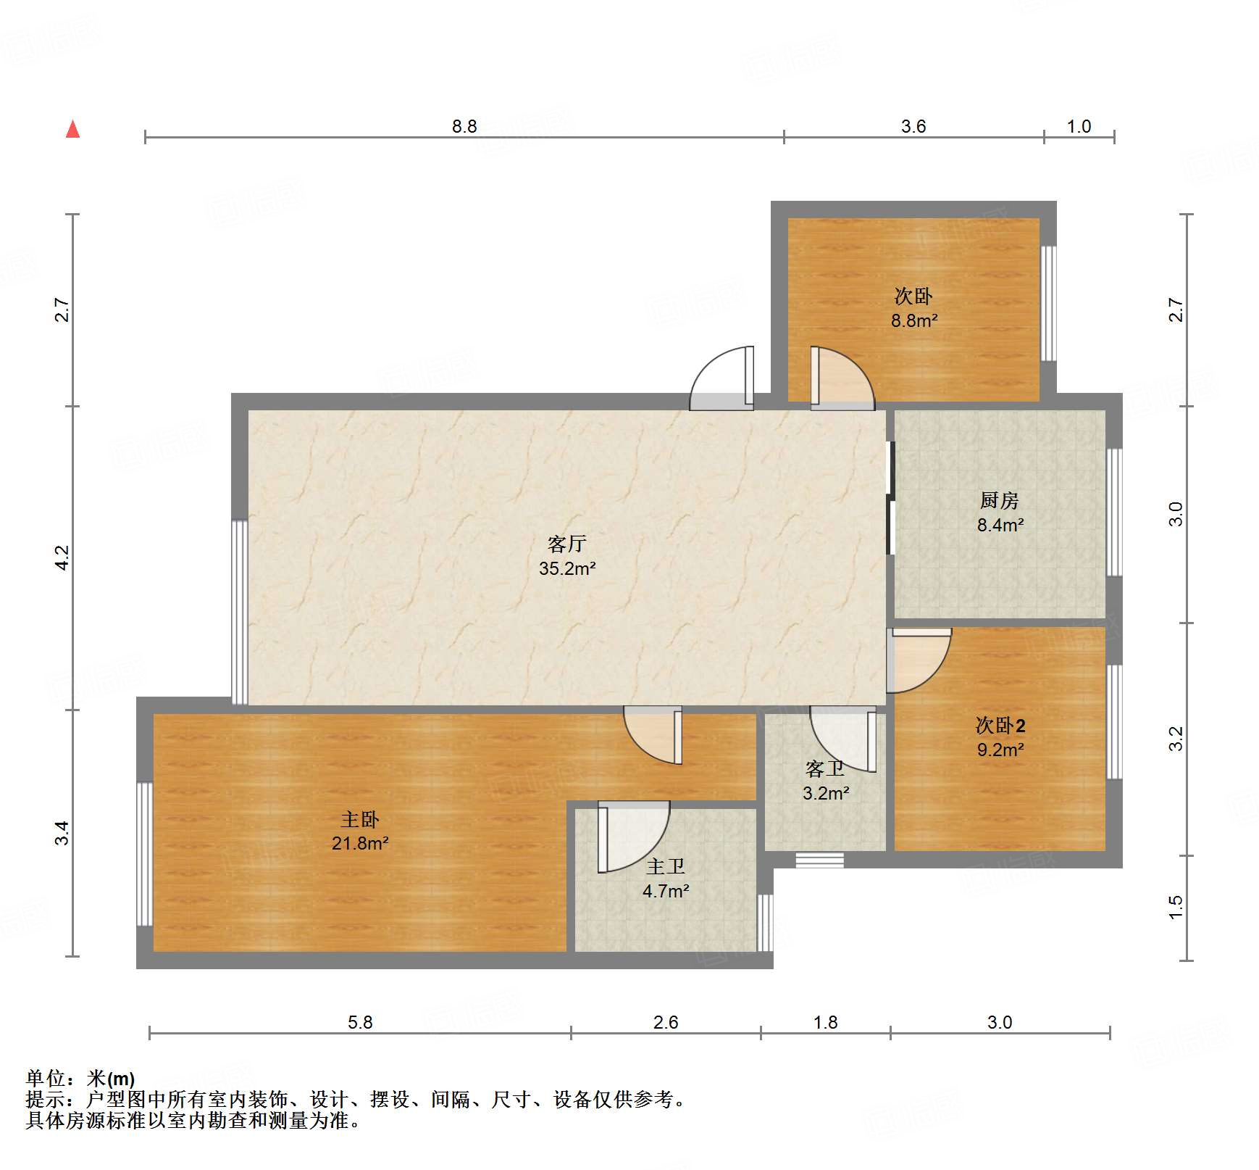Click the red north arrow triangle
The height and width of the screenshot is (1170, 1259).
[72, 130]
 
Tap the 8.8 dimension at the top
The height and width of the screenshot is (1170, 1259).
[464, 126]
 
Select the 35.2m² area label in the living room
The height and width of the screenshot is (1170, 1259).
[566, 568]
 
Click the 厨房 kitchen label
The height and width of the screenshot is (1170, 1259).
[999, 500]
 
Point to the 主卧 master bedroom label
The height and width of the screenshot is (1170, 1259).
[360, 819]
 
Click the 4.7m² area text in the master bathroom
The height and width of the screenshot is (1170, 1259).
[665, 891]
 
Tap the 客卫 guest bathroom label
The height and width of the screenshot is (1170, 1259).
[825, 768]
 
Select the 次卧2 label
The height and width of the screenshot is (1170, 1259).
[1000, 725]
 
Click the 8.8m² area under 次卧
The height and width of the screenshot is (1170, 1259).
[913, 320]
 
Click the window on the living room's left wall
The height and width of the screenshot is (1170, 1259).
[239, 612]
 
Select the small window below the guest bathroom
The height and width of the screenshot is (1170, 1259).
[819, 860]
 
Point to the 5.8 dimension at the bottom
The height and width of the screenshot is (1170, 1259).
[360, 1022]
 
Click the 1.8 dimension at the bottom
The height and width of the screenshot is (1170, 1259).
[825, 1022]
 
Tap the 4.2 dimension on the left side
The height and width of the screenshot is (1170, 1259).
[62, 557]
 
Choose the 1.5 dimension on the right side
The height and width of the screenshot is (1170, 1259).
[1175, 907]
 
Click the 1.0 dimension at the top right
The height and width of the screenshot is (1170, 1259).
[1078, 126]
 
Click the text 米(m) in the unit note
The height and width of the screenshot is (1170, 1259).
[110, 1079]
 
